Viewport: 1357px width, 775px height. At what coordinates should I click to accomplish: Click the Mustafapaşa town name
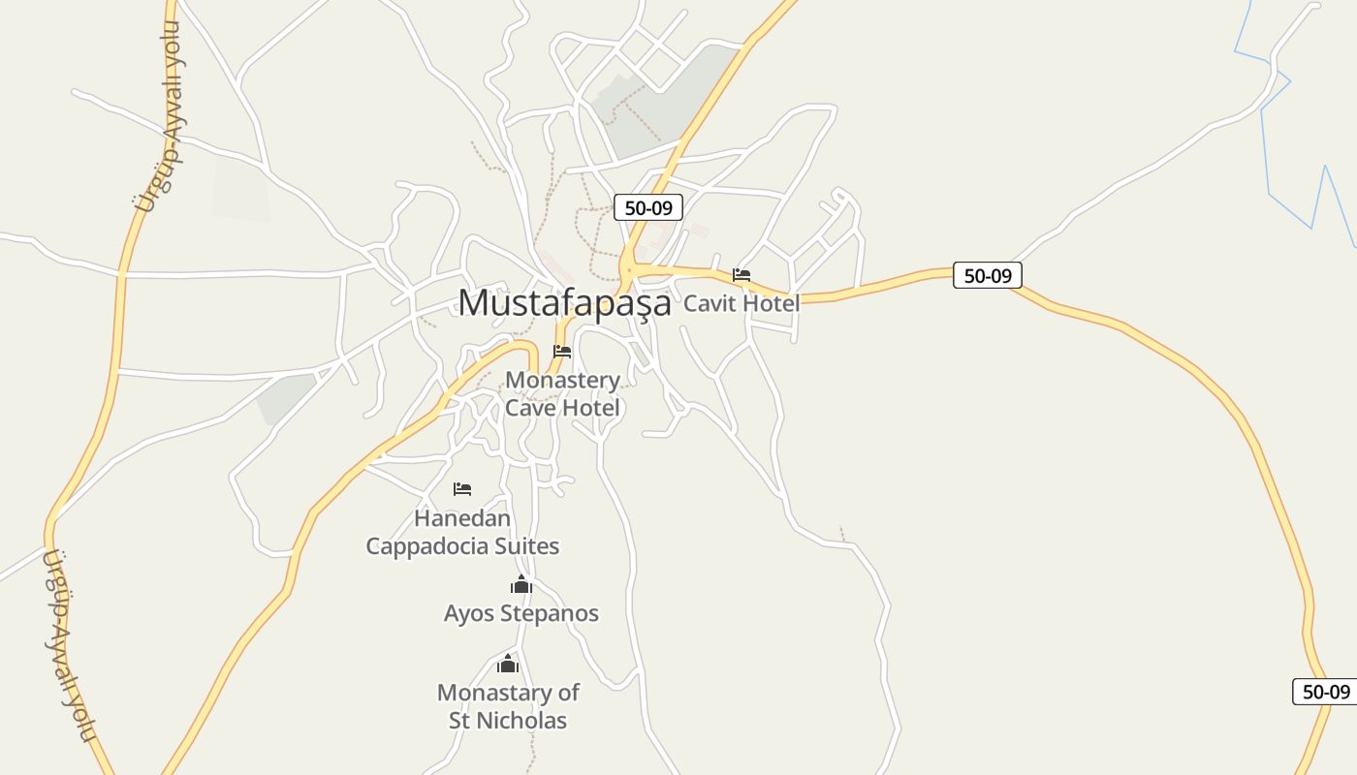click(564, 302)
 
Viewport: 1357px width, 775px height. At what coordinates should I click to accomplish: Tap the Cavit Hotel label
click(742, 303)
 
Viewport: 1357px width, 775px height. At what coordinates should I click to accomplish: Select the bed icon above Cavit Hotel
click(742, 275)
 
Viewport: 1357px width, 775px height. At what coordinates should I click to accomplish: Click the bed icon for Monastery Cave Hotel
click(562, 352)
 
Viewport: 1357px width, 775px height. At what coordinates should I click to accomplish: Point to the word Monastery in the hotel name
click(562, 380)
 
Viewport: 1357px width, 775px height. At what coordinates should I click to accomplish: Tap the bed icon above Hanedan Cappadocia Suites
click(462, 489)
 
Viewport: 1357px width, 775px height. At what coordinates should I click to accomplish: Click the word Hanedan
click(462, 517)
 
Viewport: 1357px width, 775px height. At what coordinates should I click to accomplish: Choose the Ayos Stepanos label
click(521, 613)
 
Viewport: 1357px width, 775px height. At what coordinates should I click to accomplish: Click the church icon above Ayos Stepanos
click(521, 585)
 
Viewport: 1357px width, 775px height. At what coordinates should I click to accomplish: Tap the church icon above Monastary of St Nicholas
click(508, 665)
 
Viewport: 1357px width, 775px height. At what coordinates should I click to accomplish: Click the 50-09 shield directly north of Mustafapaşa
click(648, 207)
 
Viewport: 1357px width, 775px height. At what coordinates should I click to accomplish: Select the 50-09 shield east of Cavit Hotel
click(988, 275)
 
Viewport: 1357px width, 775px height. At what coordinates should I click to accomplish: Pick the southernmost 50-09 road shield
click(1326, 692)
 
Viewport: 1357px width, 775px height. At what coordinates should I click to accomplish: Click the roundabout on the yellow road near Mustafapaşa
click(629, 268)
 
